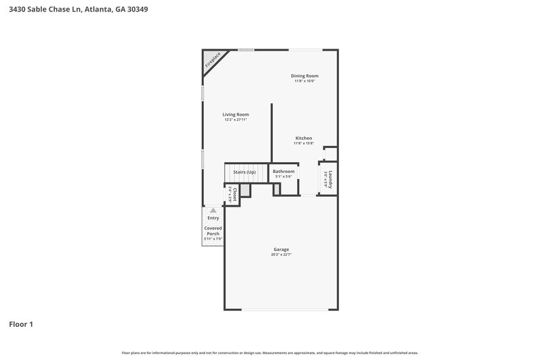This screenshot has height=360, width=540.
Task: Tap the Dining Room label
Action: click(x=304, y=76)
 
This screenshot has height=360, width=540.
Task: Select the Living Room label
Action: click(x=236, y=114)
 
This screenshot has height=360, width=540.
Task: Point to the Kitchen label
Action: click(x=304, y=138)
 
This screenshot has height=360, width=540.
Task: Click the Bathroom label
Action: click(x=283, y=172)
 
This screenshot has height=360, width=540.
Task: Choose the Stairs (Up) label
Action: click(x=244, y=172)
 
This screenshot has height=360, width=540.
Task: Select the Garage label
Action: click(x=281, y=249)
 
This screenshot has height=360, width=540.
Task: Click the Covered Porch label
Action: click(x=213, y=231)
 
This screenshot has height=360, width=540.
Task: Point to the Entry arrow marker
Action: click(x=213, y=211)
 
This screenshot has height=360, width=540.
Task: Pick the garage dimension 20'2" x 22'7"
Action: click(x=281, y=255)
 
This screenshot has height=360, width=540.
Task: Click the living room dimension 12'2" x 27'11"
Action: click(x=236, y=120)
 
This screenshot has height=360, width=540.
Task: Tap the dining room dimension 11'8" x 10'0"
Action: click(x=304, y=81)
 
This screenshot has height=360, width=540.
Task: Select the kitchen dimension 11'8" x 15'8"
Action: click(x=304, y=143)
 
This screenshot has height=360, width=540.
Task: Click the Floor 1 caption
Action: click(x=21, y=324)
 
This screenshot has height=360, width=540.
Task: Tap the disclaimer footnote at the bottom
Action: click(x=270, y=353)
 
